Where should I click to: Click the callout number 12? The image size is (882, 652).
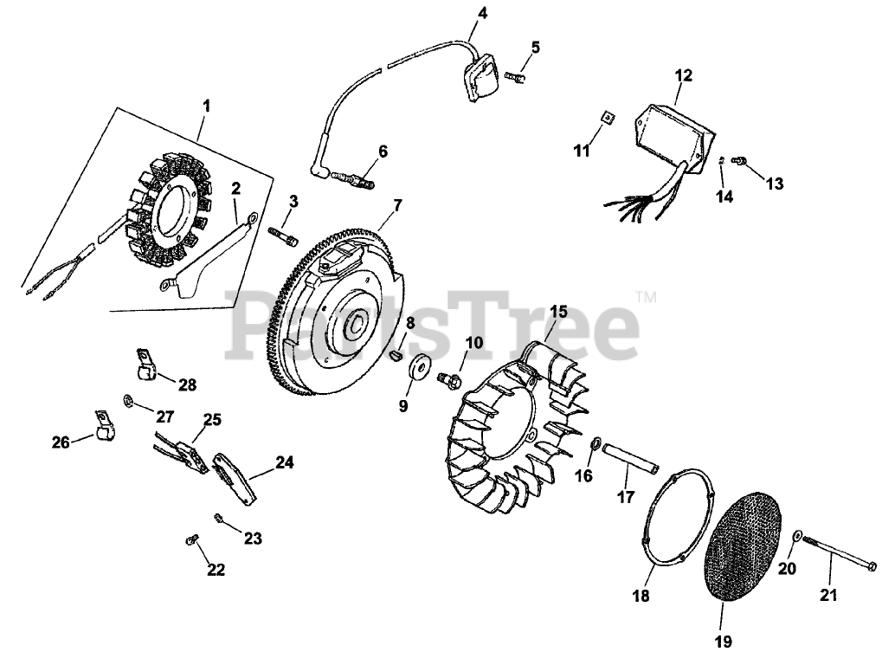[x=684, y=76]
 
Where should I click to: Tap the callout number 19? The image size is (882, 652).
[x=724, y=641]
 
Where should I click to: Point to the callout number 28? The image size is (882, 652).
[x=188, y=384]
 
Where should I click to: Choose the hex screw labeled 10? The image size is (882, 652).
[x=448, y=378]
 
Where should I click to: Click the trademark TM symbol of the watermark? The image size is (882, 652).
[x=645, y=297]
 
